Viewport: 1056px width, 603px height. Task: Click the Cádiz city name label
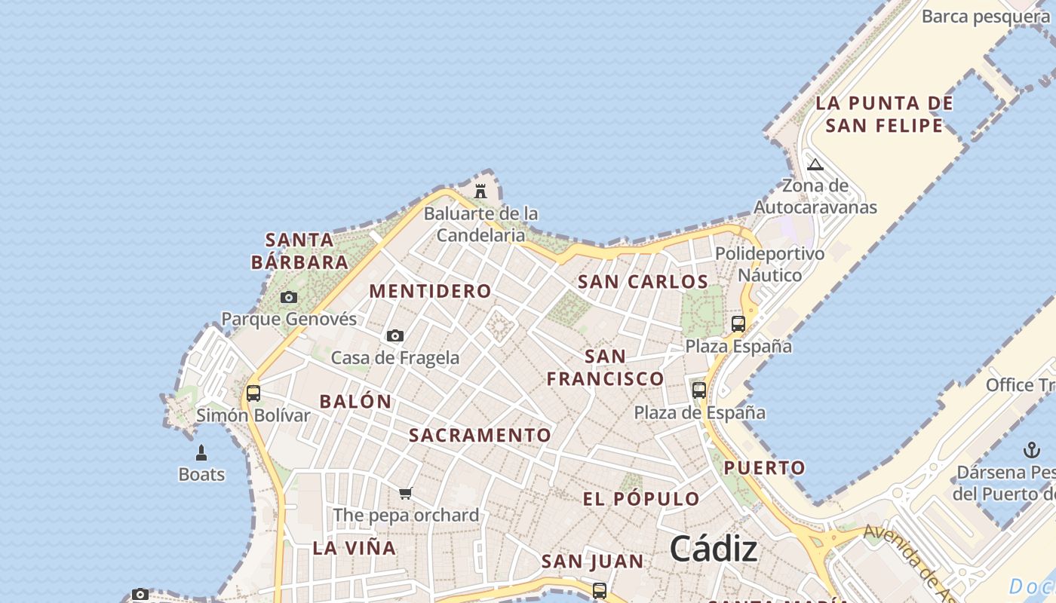pyautogui.click(x=713, y=548)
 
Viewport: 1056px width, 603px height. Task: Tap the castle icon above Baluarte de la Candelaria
pyautogui.click(x=480, y=191)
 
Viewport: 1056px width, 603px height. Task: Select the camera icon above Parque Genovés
pyautogui.click(x=289, y=297)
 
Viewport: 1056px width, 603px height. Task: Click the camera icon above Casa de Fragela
pyautogui.click(x=395, y=335)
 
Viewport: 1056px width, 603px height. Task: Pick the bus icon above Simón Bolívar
pyautogui.click(x=253, y=393)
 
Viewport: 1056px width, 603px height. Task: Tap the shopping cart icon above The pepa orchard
pyautogui.click(x=406, y=493)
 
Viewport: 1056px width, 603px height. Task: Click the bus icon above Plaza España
pyautogui.click(x=738, y=324)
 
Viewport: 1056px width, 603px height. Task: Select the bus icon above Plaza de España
pyautogui.click(x=699, y=390)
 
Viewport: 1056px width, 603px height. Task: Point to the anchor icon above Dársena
pyautogui.click(x=1031, y=450)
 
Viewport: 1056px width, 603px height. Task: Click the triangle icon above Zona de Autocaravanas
pyautogui.click(x=815, y=164)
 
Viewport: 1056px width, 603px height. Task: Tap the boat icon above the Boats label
pyautogui.click(x=201, y=452)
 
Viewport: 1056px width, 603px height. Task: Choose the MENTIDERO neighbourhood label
pyautogui.click(x=430, y=291)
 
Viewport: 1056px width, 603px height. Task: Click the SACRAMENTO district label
pyautogui.click(x=480, y=435)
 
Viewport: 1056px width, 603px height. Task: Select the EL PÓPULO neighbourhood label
pyautogui.click(x=641, y=498)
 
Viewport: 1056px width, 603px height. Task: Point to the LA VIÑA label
pyautogui.click(x=355, y=548)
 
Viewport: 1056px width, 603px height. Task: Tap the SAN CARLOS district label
pyautogui.click(x=643, y=282)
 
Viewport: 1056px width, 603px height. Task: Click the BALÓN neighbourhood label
pyautogui.click(x=355, y=401)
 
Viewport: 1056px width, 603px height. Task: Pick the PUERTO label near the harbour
pyautogui.click(x=765, y=467)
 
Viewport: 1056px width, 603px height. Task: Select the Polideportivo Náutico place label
pyautogui.click(x=770, y=264)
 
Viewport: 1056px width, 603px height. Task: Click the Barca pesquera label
pyautogui.click(x=985, y=16)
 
